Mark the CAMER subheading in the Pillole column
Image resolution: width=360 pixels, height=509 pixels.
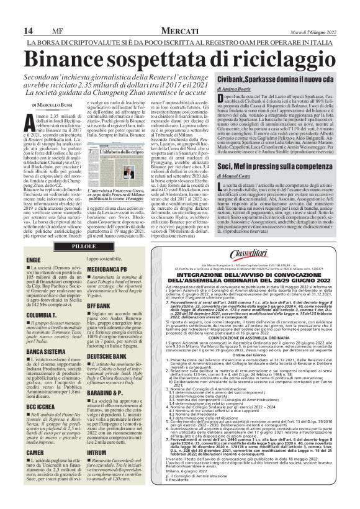click(x=35, y=453)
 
